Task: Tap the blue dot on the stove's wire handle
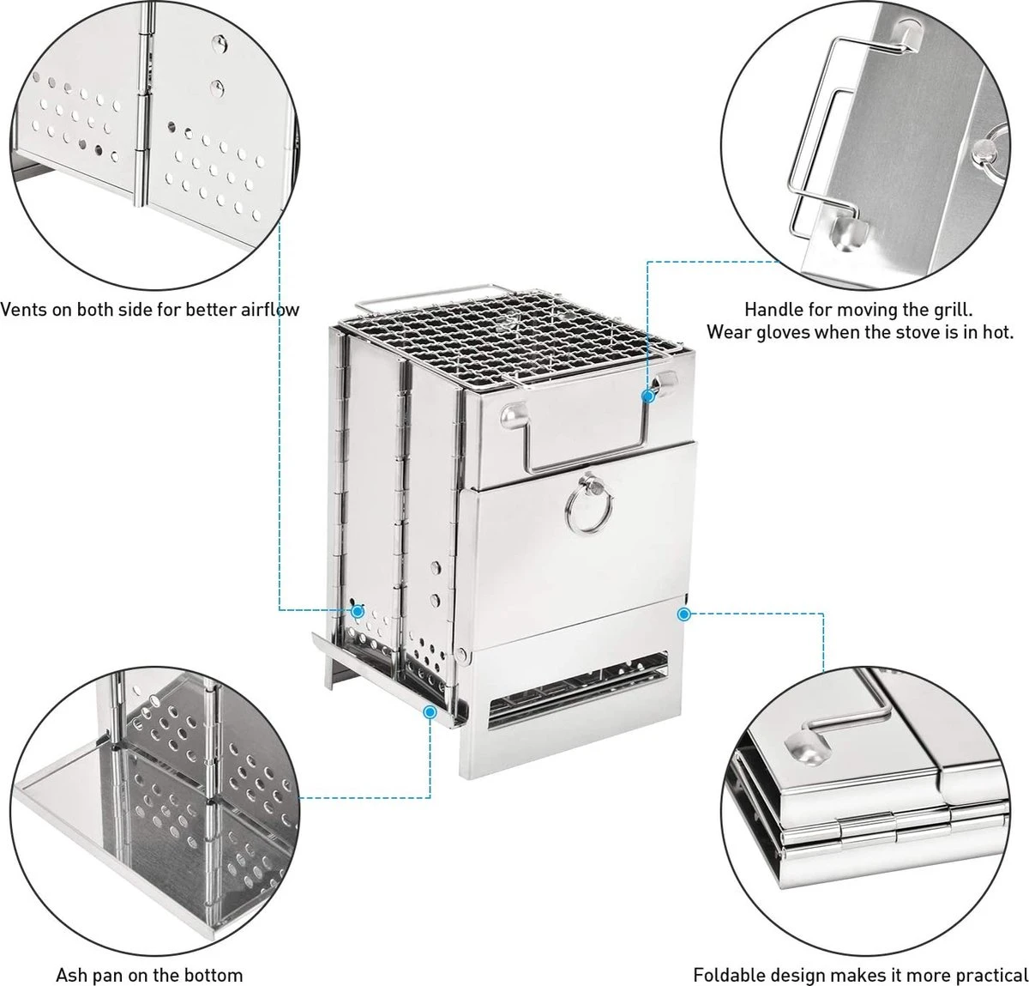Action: click(648, 396)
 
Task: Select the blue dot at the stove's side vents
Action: click(358, 611)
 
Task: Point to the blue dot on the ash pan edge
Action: click(430, 711)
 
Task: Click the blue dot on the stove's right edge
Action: click(683, 614)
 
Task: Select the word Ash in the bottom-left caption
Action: click(72, 975)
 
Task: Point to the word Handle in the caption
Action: click(771, 309)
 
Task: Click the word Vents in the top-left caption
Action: click(23, 309)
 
